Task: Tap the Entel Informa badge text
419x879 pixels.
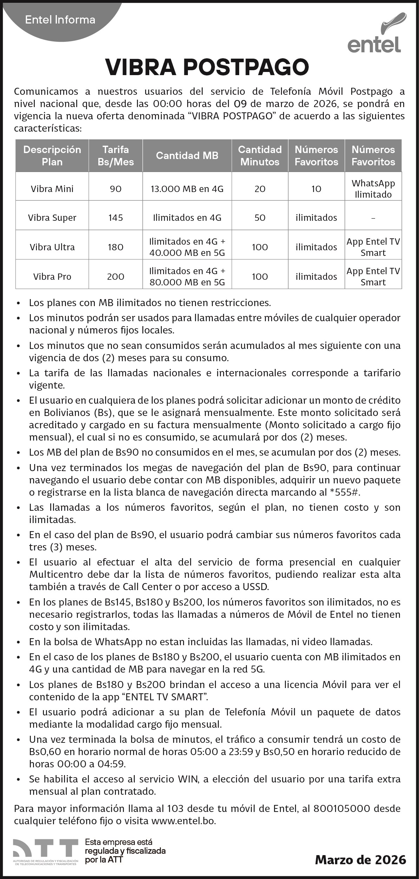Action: tap(60, 20)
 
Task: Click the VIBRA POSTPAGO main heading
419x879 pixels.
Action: tap(207, 67)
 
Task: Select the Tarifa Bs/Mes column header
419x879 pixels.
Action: tap(116, 156)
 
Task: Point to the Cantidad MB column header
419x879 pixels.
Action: tap(187, 156)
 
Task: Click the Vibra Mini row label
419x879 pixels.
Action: tap(52, 189)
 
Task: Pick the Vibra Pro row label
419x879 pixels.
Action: tap(52, 277)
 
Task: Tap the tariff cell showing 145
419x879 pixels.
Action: tap(116, 218)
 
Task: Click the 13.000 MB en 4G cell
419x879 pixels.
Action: tap(187, 189)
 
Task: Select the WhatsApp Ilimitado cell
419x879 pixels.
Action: tap(373, 189)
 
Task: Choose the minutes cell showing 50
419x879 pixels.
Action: tap(260, 218)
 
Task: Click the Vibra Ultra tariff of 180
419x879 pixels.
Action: tap(116, 247)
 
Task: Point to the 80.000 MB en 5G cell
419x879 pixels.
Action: tap(187, 277)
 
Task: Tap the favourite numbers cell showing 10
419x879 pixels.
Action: tap(316, 189)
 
